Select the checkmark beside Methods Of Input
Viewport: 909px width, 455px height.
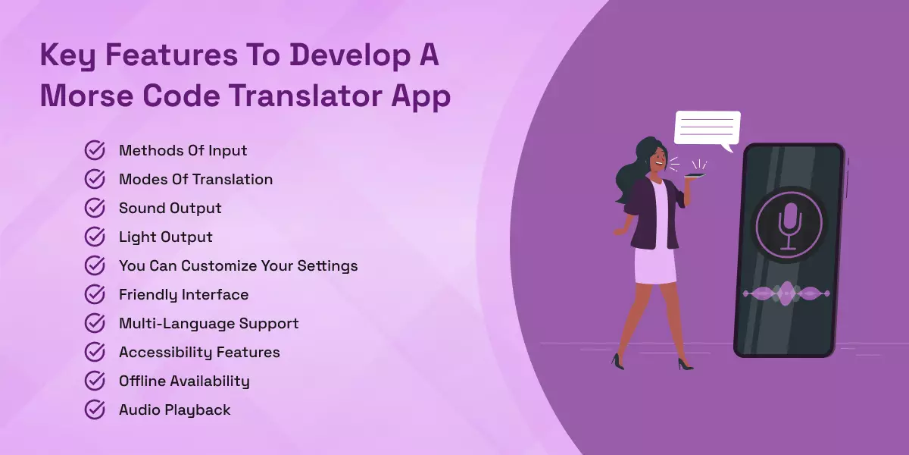[95, 150]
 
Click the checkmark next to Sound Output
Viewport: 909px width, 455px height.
[95, 208]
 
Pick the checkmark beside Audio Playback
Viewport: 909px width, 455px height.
[95, 409]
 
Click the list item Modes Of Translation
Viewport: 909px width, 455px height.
[195, 179]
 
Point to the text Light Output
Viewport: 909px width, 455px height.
[165, 237]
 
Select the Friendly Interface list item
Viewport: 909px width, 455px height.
[183, 294]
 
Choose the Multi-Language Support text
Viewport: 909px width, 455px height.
[208, 323]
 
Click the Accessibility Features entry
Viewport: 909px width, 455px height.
[199, 352]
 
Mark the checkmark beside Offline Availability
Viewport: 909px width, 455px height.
[95, 381]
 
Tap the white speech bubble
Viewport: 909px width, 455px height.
[707, 128]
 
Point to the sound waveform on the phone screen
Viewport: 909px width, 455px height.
[787, 293]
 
